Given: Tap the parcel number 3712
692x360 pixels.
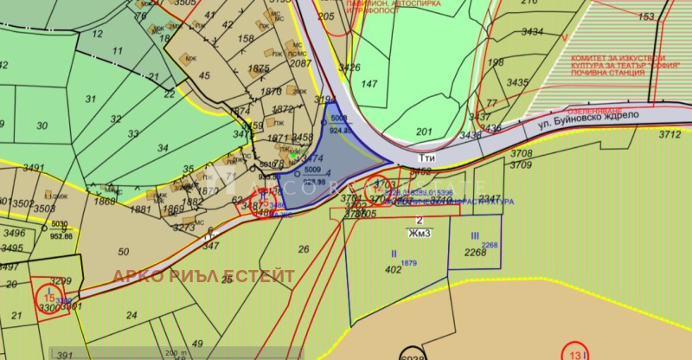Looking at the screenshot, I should (670, 134).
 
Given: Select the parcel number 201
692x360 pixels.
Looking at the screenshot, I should (424, 131).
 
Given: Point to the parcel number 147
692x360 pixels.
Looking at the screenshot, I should (369, 84).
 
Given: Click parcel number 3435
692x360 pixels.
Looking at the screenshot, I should (517, 82).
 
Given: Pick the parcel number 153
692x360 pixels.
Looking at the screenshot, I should (646, 16).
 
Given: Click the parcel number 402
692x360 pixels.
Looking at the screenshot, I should (394, 269).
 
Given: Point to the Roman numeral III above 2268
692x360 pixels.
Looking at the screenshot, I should (475, 235).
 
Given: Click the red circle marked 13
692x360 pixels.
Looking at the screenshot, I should (577, 353).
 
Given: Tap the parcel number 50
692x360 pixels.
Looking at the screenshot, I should (123, 252).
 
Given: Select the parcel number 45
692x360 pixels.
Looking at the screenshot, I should (205, 75).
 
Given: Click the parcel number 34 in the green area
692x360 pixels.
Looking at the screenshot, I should (162, 148).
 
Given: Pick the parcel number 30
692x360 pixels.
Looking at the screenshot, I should (42, 125).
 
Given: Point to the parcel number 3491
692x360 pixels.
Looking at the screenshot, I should (33, 168).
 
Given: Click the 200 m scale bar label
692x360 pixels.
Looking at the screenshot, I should (176, 353).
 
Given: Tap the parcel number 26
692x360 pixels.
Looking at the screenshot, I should (304, 249).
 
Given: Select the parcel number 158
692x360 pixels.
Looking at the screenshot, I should (247, 39).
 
